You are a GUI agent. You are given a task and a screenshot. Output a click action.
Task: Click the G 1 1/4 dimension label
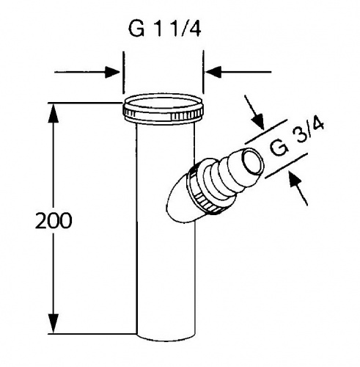coord(164,29)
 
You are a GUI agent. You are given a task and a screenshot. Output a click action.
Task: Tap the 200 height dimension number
coord(54,221)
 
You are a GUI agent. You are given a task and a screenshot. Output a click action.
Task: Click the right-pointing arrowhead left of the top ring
coord(112,72)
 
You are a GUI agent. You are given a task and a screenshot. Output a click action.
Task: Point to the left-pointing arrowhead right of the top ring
coord(213,72)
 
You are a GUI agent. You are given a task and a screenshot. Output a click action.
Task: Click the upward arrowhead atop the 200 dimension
coord(54,113)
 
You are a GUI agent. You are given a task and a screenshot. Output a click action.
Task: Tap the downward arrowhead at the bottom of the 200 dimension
coord(54,324)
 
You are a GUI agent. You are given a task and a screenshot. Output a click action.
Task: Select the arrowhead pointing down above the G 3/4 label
coord(259,122)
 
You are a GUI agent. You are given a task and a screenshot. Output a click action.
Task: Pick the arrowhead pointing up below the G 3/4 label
coord(295,180)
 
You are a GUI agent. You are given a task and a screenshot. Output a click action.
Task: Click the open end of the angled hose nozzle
coord(253,161)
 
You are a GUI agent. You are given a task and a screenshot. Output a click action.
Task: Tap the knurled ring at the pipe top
coord(164,112)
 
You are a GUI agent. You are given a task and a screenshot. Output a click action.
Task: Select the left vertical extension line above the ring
coord(123,73)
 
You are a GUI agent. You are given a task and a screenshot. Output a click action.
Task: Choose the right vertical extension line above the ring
coord(203,72)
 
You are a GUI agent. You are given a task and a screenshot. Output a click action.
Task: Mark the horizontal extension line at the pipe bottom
coord(92,333)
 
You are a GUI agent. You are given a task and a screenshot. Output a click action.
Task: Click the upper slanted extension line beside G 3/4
coord(265,132)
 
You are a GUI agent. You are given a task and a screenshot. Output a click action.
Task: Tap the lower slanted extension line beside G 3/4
coord(286,166)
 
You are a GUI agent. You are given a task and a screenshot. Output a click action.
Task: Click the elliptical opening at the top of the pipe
coord(163,103)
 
